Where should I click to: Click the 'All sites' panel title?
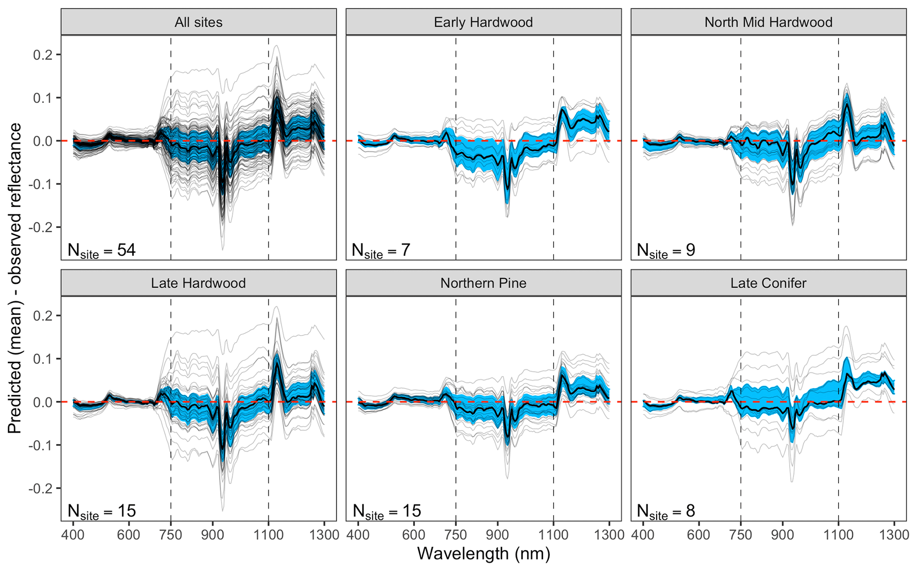click(198, 22)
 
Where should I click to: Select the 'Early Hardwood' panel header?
click(483, 22)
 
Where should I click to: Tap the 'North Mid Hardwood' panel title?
click(768, 22)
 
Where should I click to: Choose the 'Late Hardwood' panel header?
click(198, 283)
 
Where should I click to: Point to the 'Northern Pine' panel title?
click(483, 283)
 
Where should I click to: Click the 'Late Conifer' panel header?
click(768, 283)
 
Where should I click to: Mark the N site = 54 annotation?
click(102, 251)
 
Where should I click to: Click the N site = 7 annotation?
click(381, 251)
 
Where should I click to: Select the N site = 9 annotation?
click(666, 251)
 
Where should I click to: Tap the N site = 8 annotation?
click(666, 512)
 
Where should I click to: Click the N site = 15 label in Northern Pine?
click(386, 512)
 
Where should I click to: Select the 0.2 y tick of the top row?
click(43, 55)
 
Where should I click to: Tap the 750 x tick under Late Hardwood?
click(171, 535)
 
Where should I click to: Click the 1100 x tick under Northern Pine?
click(553, 535)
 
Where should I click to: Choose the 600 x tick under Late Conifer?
click(699, 535)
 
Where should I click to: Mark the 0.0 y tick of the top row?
click(43, 141)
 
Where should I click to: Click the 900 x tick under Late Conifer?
click(783, 535)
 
